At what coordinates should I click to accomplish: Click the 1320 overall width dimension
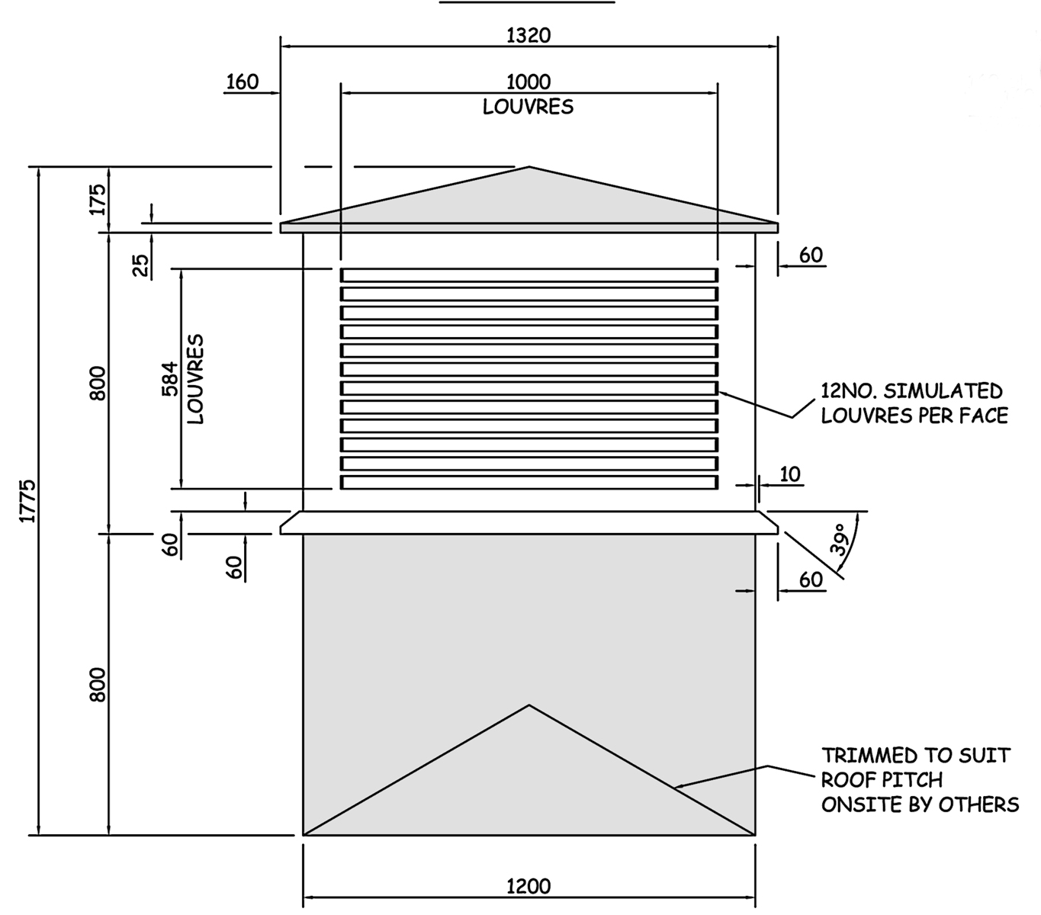pyautogui.click(x=529, y=35)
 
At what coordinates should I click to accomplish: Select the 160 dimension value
pyautogui.click(x=243, y=82)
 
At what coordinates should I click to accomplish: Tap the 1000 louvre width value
pyautogui.click(x=529, y=82)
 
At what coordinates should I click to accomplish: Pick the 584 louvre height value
pyautogui.click(x=170, y=379)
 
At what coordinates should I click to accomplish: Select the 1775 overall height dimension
pyautogui.click(x=27, y=501)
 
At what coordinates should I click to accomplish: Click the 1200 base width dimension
pyautogui.click(x=529, y=886)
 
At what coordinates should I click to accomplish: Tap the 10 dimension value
pyautogui.click(x=790, y=474)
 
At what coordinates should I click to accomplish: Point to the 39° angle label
pyautogui.click(x=839, y=539)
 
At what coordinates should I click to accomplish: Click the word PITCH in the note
pyautogui.click(x=912, y=780)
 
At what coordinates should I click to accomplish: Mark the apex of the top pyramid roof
pyautogui.click(x=529, y=167)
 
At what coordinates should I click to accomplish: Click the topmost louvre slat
pyautogui.click(x=529, y=275)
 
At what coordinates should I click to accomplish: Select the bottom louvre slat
pyautogui.click(x=529, y=483)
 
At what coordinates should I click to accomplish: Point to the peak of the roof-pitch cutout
pyautogui.click(x=529, y=705)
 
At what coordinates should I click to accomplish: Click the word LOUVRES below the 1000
pyautogui.click(x=528, y=107)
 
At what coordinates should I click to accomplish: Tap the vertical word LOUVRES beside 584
pyautogui.click(x=195, y=379)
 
